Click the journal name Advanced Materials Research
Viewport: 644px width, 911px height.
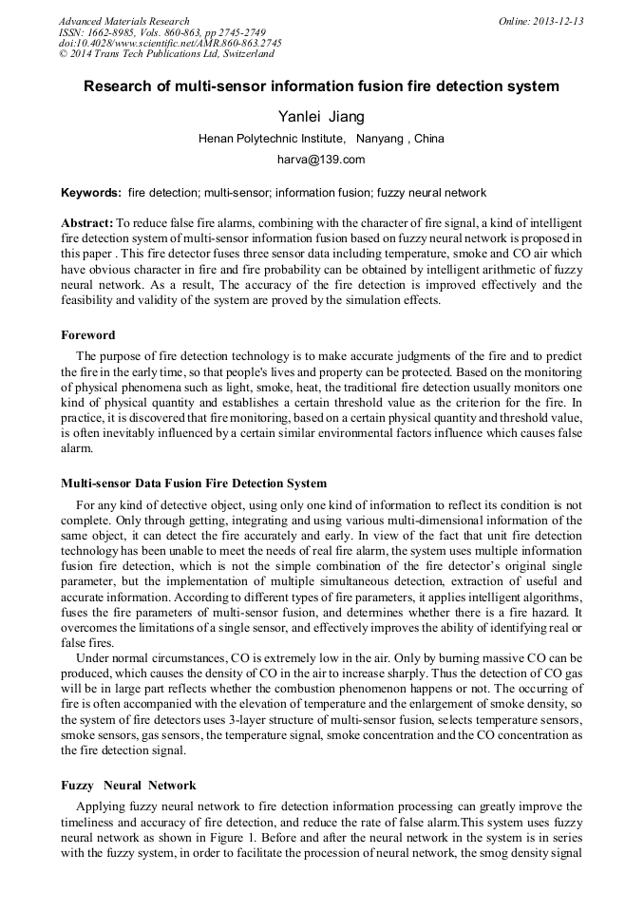tap(123, 21)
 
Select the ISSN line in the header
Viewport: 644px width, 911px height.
tap(161, 32)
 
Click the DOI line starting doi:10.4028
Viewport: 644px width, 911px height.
tap(170, 44)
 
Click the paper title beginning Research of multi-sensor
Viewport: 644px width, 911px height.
tap(321, 86)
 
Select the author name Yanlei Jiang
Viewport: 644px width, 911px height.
tap(321, 117)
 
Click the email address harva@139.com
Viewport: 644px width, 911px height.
tap(321, 160)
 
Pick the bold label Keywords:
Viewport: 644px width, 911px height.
tap(91, 193)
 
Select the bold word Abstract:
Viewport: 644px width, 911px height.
tap(87, 221)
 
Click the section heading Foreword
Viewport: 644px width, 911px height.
tap(88, 335)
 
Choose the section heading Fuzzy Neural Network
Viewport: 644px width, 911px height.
tap(128, 786)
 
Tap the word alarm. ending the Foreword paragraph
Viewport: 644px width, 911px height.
tap(77, 446)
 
